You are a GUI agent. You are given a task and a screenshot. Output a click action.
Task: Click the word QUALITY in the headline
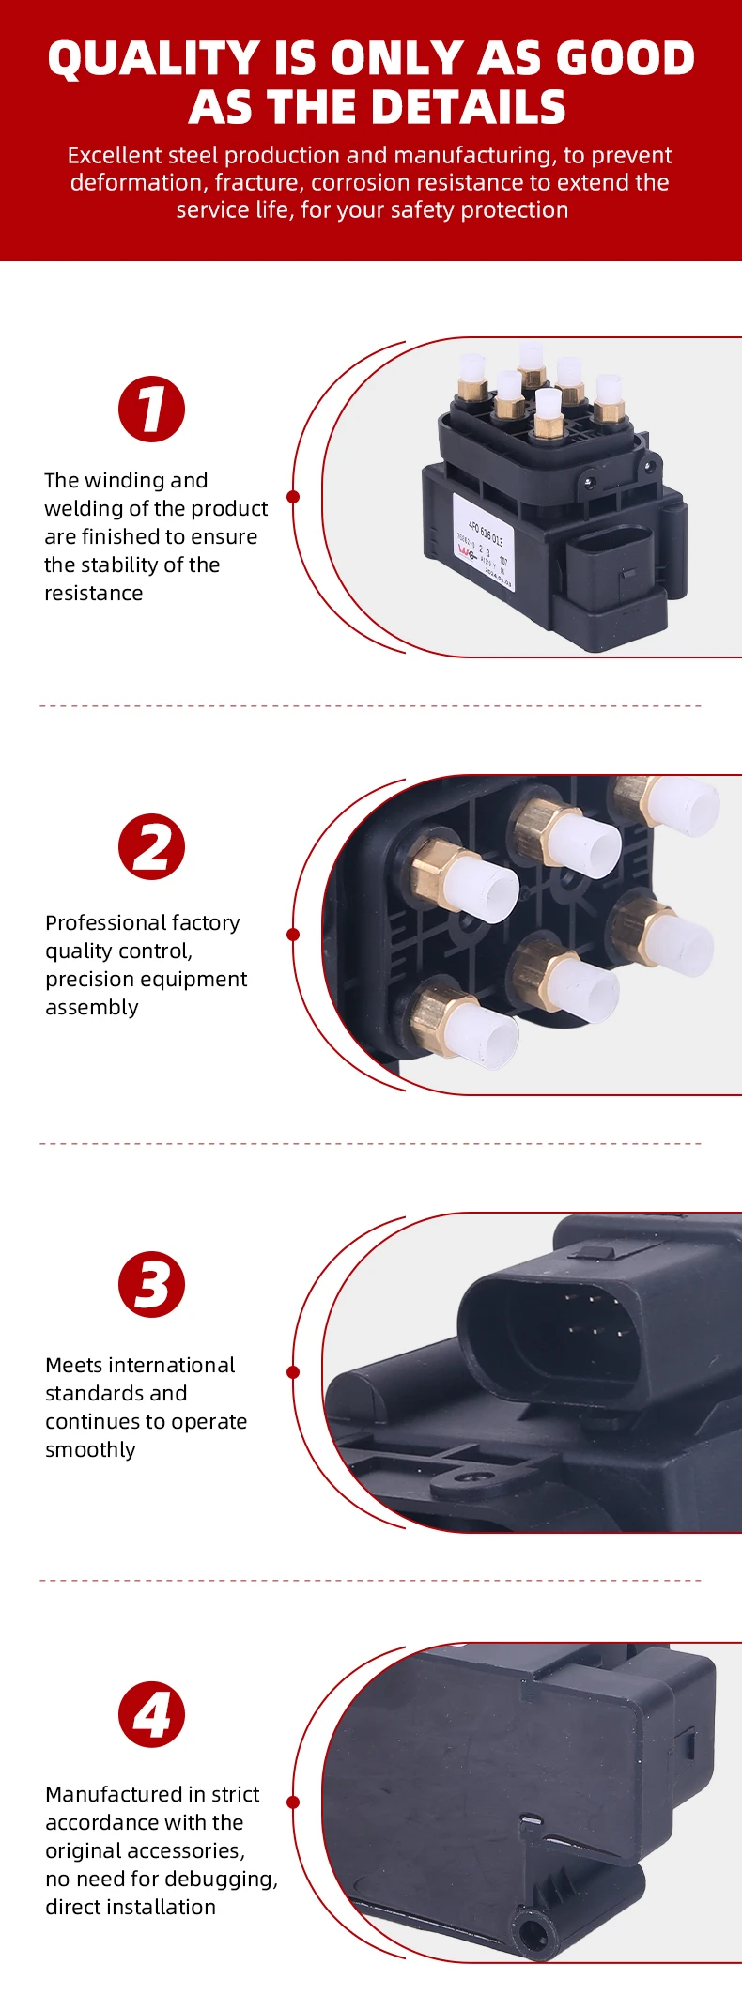[x=154, y=58]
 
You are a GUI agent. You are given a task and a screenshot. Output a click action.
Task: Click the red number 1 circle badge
[x=151, y=410]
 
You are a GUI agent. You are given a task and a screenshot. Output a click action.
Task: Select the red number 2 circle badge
[x=151, y=847]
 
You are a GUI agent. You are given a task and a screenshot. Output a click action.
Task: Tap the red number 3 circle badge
[x=151, y=1285]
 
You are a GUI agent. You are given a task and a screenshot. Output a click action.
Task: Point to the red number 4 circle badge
[x=151, y=1715]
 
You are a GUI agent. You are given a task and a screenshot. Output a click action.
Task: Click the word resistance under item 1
[x=94, y=594]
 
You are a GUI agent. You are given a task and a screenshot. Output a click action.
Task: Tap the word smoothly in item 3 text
[x=90, y=1450]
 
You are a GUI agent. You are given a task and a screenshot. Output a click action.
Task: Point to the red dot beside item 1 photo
[x=293, y=497]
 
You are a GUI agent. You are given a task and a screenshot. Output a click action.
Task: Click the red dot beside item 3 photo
[x=293, y=1372]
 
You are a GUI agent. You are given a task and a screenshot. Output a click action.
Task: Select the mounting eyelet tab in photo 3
[x=456, y=1481]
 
